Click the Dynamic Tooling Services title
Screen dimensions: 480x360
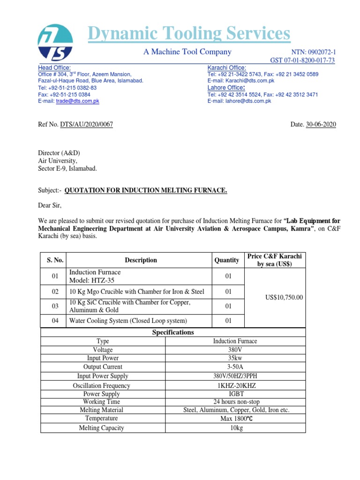189,34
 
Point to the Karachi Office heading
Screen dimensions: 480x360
226,68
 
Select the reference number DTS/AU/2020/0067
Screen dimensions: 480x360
86,124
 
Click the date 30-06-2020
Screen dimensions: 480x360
321,124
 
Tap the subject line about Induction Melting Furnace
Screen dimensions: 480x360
146,190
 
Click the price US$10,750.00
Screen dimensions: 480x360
284,297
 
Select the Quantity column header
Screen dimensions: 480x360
226,260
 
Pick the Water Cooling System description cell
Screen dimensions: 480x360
128,321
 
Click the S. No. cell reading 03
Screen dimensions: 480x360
55,306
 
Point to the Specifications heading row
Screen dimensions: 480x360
173,332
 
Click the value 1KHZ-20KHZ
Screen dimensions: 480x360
235,385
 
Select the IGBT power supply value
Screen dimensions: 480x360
235,394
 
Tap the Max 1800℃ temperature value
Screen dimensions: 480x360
235,419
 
